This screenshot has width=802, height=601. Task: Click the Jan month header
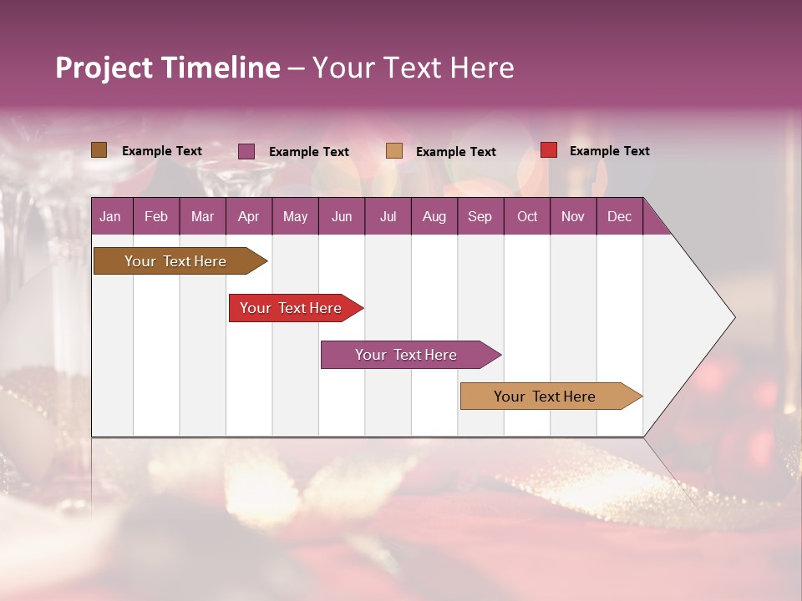pyautogui.click(x=110, y=216)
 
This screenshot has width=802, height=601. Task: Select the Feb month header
pyautogui.click(x=156, y=216)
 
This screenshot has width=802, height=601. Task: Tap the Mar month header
pyautogui.click(x=202, y=216)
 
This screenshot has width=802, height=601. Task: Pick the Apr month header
pyautogui.click(x=249, y=216)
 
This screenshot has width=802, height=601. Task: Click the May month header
pyautogui.click(x=295, y=216)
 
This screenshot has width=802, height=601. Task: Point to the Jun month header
pyautogui.click(x=342, y=216)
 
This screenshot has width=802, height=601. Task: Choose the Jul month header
pyautogui.click(x=388, y=216)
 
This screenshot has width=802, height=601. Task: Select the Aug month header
pyautogui.click(x=434, y=216)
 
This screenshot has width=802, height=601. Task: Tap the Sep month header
pyautogui.click(x=480, y=216)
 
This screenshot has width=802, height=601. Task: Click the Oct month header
pyautogui.click(x=527, y=216)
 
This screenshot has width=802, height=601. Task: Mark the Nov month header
pyautogui.click(x=573, y=216)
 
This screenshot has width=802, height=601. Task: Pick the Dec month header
pyautogui.click(x=620, y=216)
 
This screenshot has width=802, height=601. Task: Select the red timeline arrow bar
pyautogui.click(x=292, y=308)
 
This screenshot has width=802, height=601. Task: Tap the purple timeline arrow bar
pyautogui.click(x=408, y=355)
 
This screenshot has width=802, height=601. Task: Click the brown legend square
pyautogui.click(x=99, y=150)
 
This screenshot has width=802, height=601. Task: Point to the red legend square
pyautogui.click(x=549, y=150)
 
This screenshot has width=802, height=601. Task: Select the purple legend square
pyautogui.click(x=246, y=151)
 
